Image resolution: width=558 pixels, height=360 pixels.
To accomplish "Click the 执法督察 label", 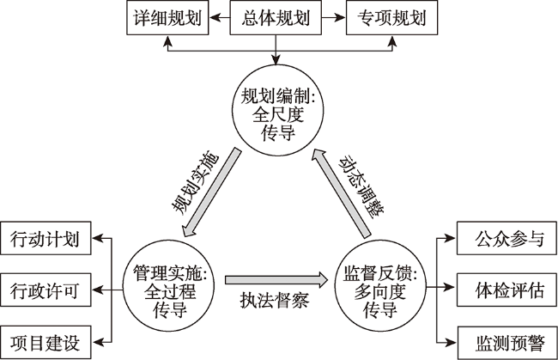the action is click(275, 300).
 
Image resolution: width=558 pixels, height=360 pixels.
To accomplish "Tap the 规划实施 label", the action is click(195, 183).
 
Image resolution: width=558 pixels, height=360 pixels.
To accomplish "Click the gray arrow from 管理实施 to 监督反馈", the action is click(276, 279).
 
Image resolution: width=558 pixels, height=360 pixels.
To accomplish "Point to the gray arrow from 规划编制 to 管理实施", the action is click(212, 192).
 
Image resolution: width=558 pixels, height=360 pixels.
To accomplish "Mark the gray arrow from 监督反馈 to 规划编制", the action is click(342, 193).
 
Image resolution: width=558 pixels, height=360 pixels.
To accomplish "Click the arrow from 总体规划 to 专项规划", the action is click(334, 17).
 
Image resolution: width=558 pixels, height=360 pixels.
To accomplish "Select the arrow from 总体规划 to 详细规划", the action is click(220, 17).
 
